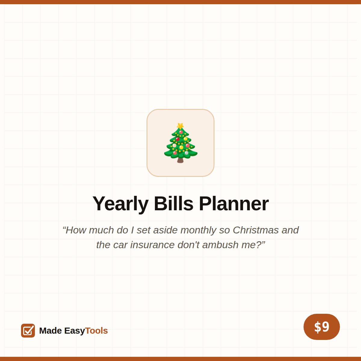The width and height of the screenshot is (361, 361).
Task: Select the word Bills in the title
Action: pos(174,203)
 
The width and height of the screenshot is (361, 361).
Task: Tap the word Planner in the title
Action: pos(234,203)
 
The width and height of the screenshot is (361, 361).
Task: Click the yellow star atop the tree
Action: pos(180,126)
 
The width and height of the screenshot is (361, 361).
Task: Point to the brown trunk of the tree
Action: pos(180,160)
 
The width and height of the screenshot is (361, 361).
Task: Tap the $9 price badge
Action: pos(322,327)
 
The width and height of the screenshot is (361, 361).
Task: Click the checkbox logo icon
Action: pos(28,330)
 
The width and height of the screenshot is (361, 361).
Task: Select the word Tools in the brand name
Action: pos(96,331)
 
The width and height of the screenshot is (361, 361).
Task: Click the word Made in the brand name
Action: pos(51,331)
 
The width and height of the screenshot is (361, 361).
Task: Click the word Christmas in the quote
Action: pos(255,230)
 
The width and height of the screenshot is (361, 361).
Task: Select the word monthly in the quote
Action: pos(198,230)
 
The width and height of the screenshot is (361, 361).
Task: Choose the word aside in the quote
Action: pos(165,230)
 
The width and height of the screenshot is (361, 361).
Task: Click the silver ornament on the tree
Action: pos(187,153)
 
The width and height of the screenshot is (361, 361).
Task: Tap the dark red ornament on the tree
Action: pos(177,139)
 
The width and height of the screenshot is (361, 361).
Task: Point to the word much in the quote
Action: pos(101,230)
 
